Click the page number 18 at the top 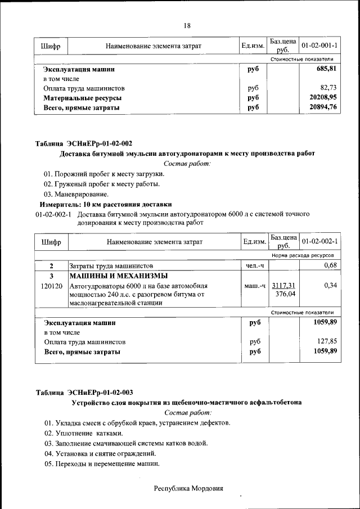[187, 26]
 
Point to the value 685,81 [326, 69]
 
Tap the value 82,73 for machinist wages [328, 88]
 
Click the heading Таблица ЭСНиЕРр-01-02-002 [84, 143]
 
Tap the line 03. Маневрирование [76, 194]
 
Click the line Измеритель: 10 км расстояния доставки [105, 204]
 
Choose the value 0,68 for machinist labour [330, 265]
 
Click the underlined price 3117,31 [283, 285]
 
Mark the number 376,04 [285, 294]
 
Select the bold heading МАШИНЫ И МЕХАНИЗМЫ [118, 276]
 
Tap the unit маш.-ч [254, 286]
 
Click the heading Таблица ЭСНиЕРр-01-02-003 [84, 392]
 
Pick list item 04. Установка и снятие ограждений [100, 453]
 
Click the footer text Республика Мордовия [188, 488]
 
